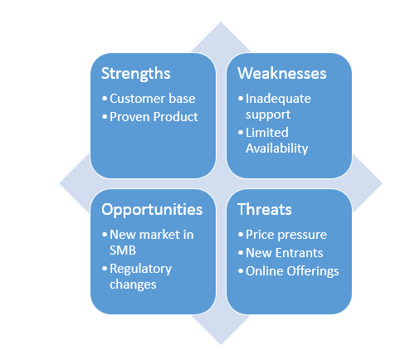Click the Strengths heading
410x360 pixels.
pyautogui.click(x=136, y=74)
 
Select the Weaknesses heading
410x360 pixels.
pyautogui.click(x=282, y=74)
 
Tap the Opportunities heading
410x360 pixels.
pyautogui.click(x=152, y=210)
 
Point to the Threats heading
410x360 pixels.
pyautogui.click(x=266, y=210)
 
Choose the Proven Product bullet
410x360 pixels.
pyautogui.click(x=154, y=117)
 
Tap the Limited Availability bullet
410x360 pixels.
pyautogui.click(x=276, y=140)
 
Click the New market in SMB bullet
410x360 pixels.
pyautogui.click(x=152, y=243)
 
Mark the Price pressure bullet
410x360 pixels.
pyautogui.click(x=286, y=235)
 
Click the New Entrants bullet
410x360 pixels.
pyautogui.click(x=286, y=252)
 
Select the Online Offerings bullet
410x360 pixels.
pyautogui.click(x=292, y=270)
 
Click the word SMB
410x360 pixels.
pyautogui.click(x=124, y=251)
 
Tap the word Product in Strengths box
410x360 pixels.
pyautogui.click(x=176, y=117)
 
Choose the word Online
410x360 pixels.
pyautogui.click(x=265, y=270)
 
